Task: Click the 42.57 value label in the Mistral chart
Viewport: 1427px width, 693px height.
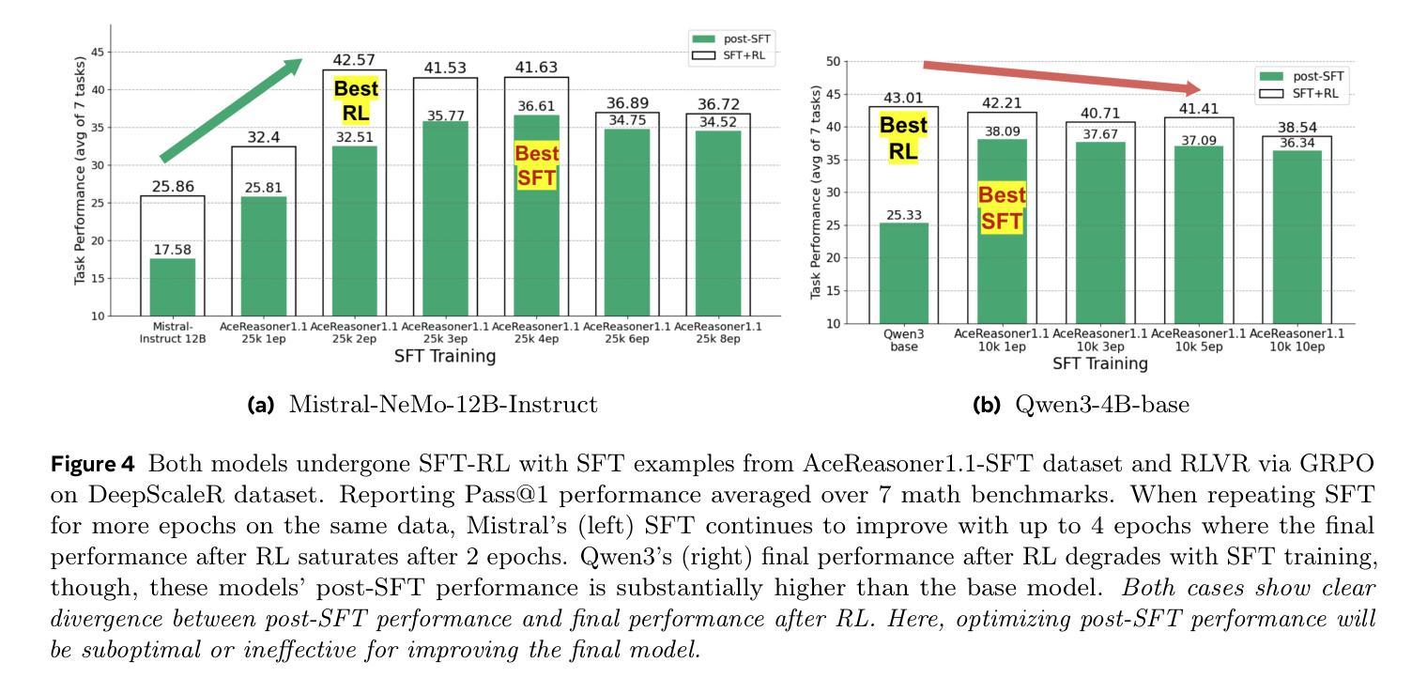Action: pos(353,61)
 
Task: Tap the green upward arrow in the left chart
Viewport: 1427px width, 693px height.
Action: pos(230,110)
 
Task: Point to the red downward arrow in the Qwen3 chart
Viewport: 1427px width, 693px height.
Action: pos(1062,78)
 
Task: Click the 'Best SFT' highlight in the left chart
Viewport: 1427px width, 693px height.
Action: pos(536,165)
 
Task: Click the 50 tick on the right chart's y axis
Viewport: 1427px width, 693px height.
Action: pos(830,62)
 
